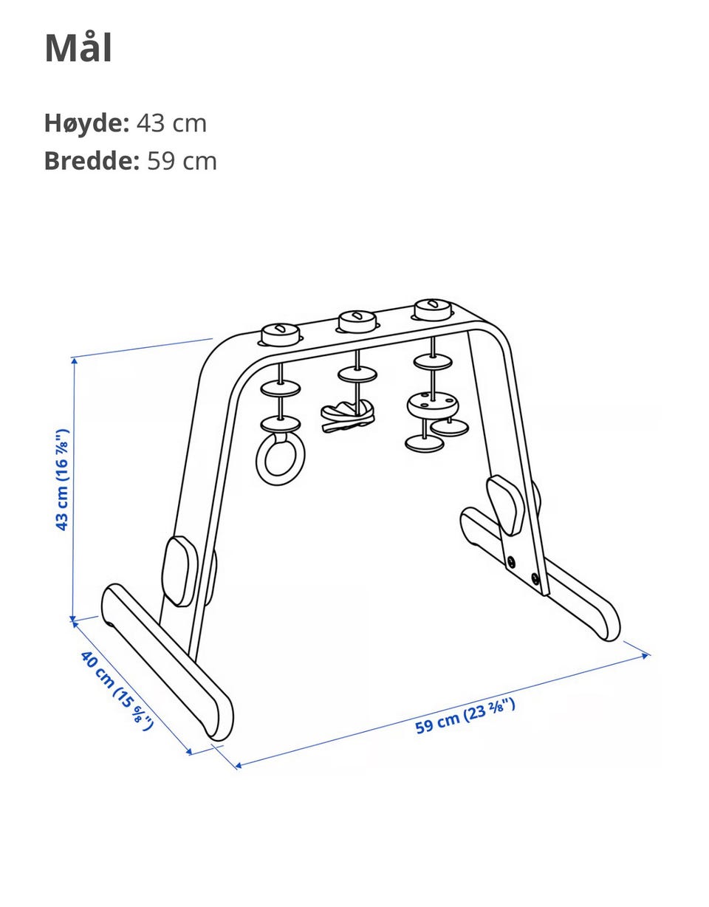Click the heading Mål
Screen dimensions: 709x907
pos(78,48)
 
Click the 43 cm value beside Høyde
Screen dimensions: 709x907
pos(171,123)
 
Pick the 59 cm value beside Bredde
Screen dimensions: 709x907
pos(182,161)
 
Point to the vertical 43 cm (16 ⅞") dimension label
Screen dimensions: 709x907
pos(61,479)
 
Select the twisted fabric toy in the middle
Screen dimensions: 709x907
pos(348,415)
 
